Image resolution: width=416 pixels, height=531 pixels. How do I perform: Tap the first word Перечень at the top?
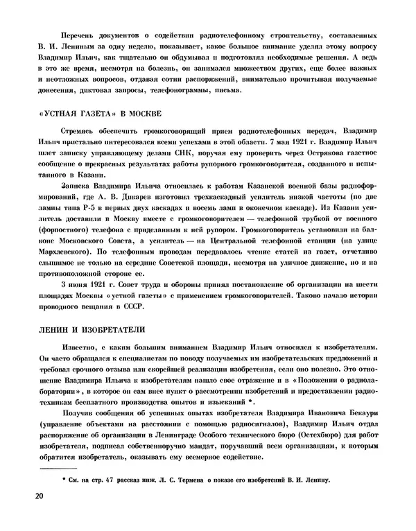[x=78, y=35]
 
